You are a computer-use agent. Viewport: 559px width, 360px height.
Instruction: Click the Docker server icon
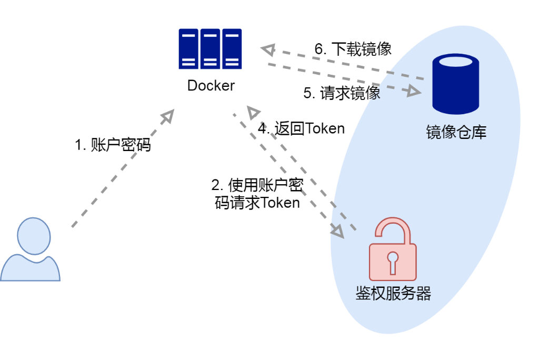210,48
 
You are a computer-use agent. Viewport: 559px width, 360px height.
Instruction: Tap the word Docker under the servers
211,85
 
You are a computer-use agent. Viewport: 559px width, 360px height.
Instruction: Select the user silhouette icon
31,250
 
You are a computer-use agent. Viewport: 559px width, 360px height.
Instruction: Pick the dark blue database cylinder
455,84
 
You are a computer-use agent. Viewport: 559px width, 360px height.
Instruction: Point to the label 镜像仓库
456,132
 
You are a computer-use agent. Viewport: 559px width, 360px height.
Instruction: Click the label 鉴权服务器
393,293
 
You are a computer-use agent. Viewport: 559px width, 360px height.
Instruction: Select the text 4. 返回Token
301,128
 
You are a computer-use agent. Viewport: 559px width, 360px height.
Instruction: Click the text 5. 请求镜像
342,93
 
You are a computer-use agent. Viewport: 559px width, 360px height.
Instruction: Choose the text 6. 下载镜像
353,49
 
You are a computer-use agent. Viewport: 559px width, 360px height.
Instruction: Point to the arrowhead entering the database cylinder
414,92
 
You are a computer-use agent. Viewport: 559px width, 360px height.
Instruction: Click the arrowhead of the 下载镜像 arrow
268,50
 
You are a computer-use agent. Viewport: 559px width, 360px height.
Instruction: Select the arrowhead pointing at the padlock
337,231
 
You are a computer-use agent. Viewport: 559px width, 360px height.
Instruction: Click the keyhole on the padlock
393,260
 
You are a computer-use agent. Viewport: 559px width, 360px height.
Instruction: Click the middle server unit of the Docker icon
210,48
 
